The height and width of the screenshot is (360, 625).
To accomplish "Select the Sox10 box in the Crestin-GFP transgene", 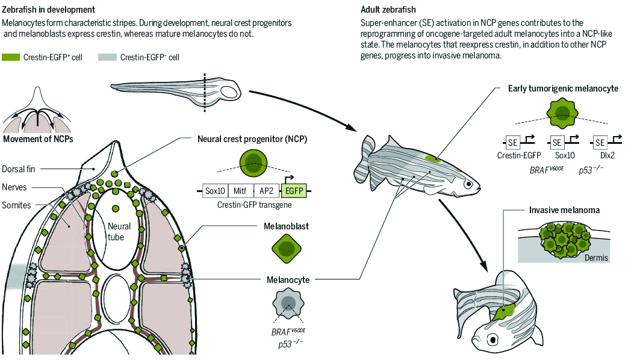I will [x=214, y=191].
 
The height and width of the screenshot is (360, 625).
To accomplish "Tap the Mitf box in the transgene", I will [x=241, y=191].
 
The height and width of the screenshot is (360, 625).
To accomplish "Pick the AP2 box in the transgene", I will [x=267, y=191].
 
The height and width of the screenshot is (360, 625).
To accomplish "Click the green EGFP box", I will [x=294, y=191].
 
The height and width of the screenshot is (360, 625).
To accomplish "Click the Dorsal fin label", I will [x=22, y=169].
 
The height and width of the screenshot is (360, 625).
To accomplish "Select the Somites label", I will [x=16, y=205].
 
